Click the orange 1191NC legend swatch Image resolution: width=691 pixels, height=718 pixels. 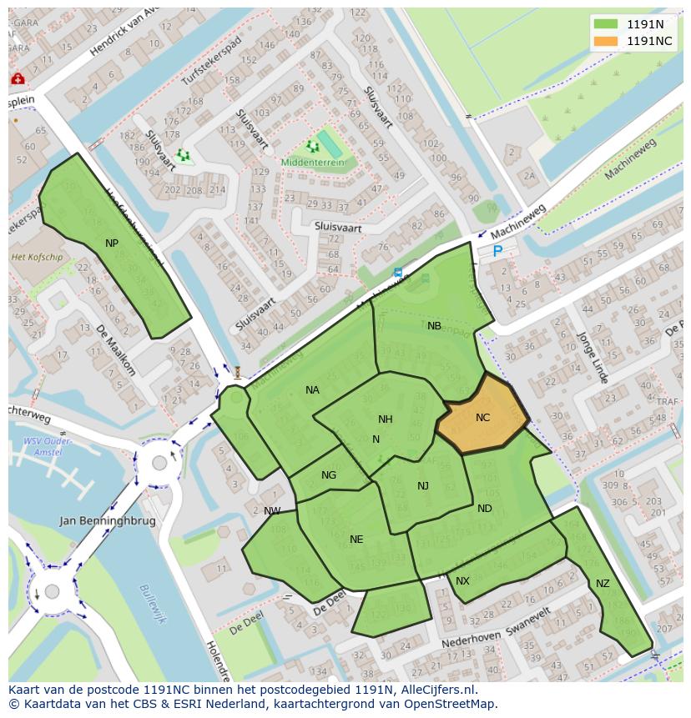(x=607, y=41)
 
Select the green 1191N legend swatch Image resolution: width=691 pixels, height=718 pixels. (x=607, y=24)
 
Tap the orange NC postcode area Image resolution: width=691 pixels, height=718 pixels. (x=483, y=417)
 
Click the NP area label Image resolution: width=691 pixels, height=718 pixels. (x=112, y=243)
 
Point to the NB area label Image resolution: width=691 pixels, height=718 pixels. (x=434, y=326)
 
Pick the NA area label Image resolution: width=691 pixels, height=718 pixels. (x=312, y=389)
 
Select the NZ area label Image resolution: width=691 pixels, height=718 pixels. (x=603, y=584)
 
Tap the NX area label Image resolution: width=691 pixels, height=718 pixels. (x=462, y=581)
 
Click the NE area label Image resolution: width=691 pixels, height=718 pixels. (x=356, y=540)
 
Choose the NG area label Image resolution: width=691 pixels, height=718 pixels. (x=329, y=475)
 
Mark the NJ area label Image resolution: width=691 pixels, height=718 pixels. (x=423, y=486)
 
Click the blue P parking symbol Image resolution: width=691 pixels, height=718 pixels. (x=498, y=251)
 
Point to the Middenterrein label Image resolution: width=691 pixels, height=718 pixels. (x=312, y=163)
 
